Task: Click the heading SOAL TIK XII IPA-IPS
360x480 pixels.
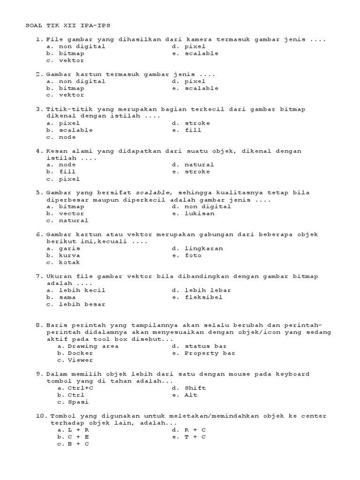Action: point(68,25)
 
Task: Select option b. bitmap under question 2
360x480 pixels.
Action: point(66,88)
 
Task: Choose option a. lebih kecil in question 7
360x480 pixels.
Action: point(76,290)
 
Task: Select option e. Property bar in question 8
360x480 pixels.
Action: point(203,353)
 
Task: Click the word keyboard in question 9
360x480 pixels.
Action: point(292,374)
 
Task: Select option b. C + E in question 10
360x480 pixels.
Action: point(73,436)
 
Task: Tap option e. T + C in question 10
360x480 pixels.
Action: point(188,436)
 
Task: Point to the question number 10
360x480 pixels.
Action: point(41,416)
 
